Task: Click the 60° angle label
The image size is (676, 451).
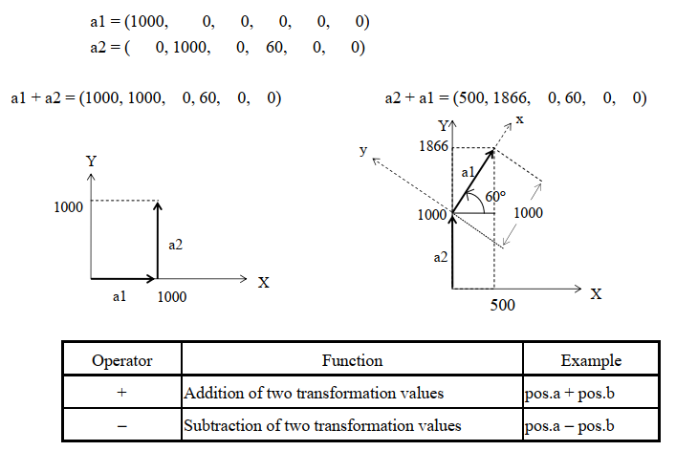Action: (x=495, y=197)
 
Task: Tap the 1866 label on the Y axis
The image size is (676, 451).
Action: (x=434, y=146)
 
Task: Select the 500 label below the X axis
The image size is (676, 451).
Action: (x=503, y=305)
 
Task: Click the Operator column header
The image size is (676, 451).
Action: (x=122, y=360)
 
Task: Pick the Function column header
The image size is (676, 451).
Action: (x=352, y=360)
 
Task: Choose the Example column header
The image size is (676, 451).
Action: (x=591, y=360)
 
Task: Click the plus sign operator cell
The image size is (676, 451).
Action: (x=122, y=392)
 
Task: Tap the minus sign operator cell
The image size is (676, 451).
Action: (x=122, y=426)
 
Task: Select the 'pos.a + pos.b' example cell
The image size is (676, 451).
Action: (x=570, y=394)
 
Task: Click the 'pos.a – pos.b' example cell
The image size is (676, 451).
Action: (x=570, y=426)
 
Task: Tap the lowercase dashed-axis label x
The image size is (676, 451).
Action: (x=520, y=118)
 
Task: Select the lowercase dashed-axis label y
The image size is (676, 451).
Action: (x=363, y=150)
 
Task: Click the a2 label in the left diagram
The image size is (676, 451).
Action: (x=176, y=245)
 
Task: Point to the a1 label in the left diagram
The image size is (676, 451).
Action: (x=120, y=296)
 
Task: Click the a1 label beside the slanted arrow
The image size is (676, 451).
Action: (x=468, y=173)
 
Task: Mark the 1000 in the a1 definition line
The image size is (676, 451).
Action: (x=147, y=21)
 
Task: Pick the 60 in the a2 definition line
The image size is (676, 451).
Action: (x=274, y=47)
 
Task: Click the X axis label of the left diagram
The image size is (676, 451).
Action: (x=263, y=283)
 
